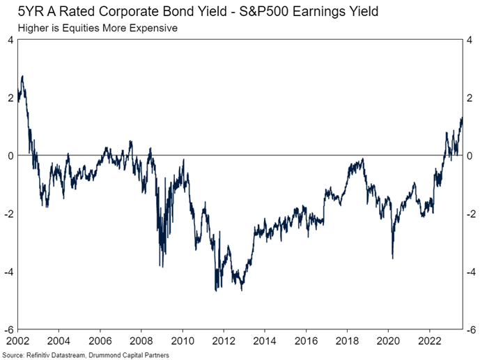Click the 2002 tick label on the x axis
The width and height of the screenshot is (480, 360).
point(18,341)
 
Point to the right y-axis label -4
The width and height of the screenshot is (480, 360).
point(471,272)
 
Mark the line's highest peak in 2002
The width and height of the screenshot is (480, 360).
point(23,76)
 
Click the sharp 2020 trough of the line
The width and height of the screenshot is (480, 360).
point(393,258)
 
